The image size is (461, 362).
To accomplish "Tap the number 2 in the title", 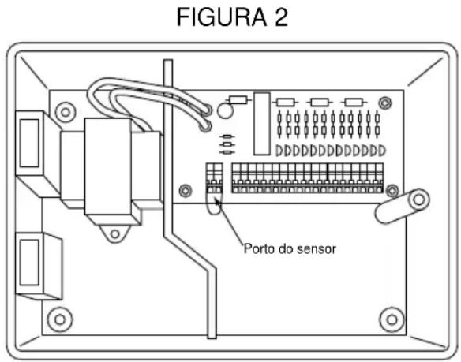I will click(277, 18).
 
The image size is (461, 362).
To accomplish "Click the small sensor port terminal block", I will click(214, 178).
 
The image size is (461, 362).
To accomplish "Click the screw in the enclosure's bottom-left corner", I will click(57, 319).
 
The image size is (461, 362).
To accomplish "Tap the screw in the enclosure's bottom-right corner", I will click(388, 319).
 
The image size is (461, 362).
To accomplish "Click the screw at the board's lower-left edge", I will click(184, 189).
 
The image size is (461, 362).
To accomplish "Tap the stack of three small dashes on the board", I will click(227, 144).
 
